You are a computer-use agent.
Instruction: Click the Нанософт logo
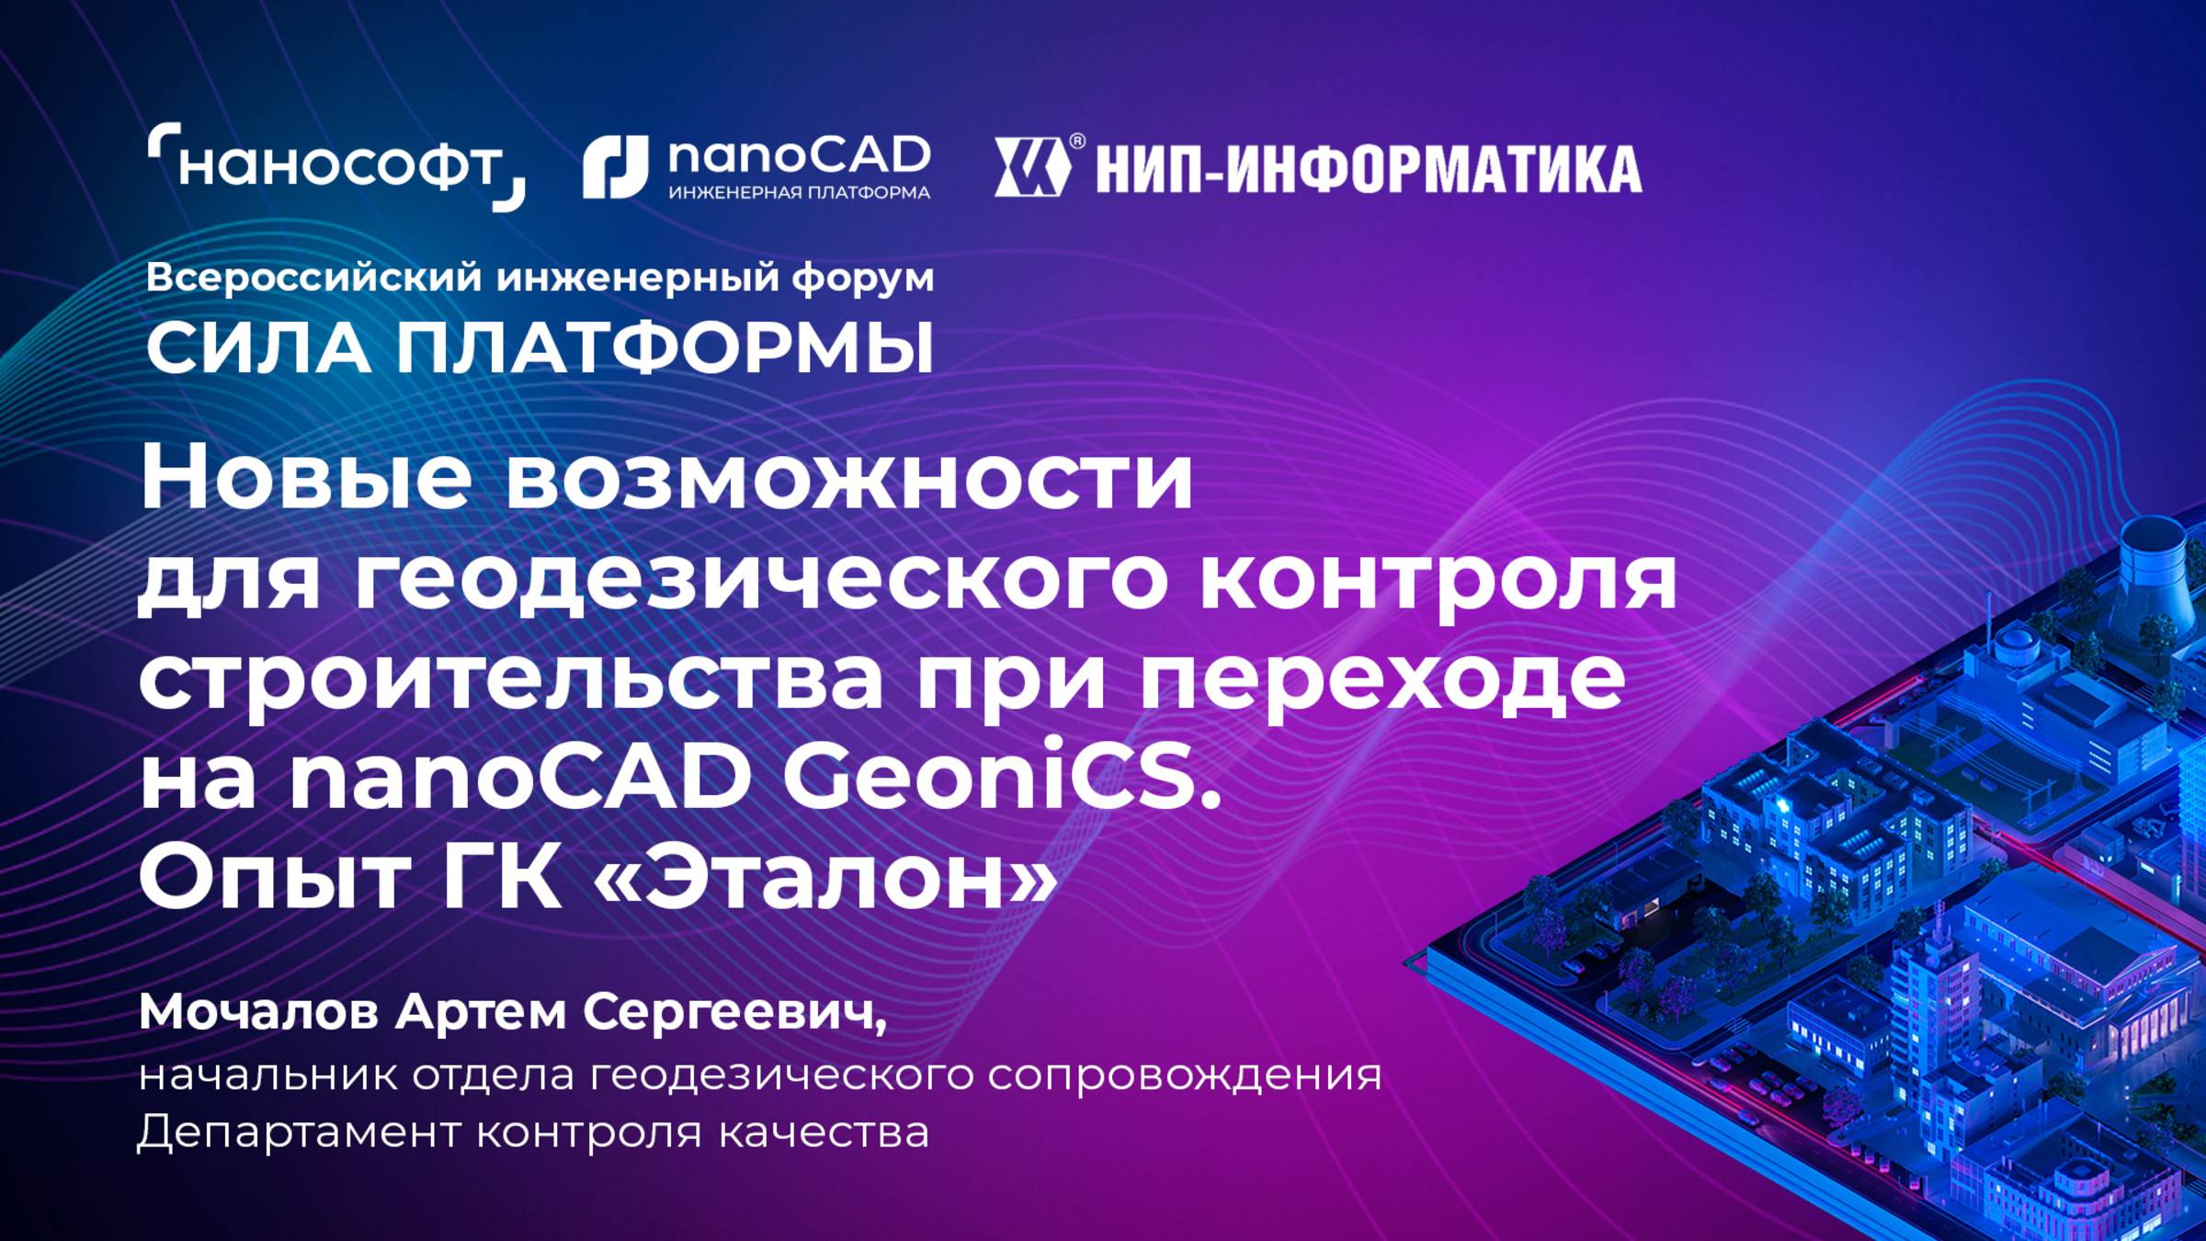click(336, 166)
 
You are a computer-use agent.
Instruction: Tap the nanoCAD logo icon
click(615, 166)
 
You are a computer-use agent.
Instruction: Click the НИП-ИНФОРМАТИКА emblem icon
click(1031, 167)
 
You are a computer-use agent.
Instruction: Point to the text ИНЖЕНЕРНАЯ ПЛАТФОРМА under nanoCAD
click(799, 193)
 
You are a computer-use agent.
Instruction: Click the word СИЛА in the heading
click(257, 349)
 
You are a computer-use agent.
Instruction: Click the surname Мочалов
click(258, 1013)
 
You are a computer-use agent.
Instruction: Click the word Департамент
click(299, 1133)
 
